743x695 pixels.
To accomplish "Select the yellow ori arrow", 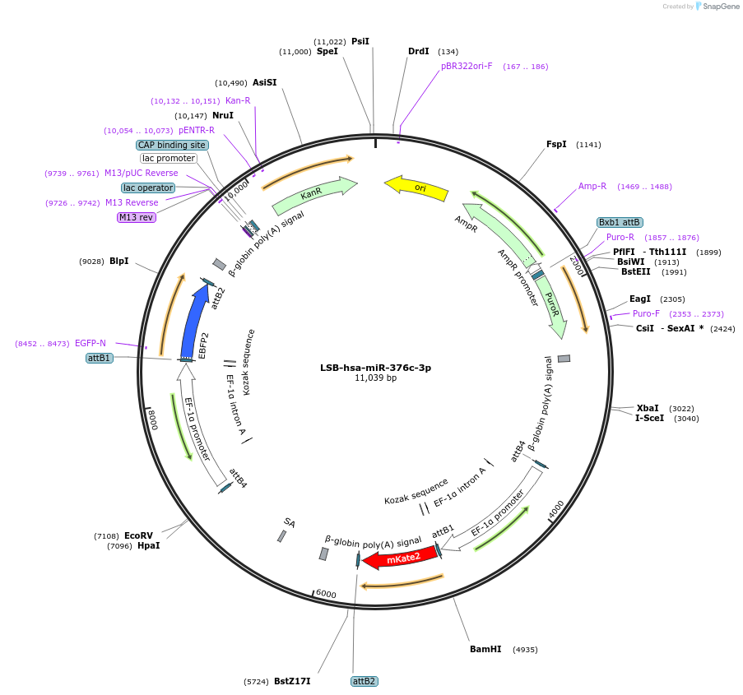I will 417,188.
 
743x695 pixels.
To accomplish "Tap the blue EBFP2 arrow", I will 194,321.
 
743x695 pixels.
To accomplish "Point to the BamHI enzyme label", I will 485,649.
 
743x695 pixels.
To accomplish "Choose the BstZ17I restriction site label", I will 292,681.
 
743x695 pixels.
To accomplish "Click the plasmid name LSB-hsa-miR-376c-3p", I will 375,368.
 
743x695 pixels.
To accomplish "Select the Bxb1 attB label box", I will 620,222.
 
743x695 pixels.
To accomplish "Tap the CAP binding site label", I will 172,145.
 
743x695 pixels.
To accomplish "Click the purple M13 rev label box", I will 136,217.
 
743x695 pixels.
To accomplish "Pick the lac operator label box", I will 149,188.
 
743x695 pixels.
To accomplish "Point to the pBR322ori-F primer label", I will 467,66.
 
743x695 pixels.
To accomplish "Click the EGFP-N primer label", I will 91,343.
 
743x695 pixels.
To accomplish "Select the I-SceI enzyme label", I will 649,418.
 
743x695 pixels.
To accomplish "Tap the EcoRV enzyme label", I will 139,535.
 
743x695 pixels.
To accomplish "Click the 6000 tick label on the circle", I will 326,594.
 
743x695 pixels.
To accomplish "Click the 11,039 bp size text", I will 375,378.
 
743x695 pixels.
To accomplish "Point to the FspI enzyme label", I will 556,144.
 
